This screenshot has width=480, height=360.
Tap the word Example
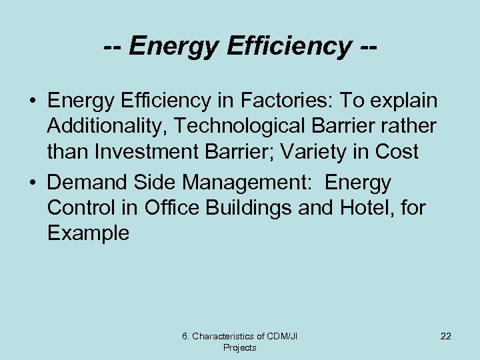click(89, 233)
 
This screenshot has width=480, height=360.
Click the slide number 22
click(445, 336)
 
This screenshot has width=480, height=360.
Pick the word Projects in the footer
click(239, 347)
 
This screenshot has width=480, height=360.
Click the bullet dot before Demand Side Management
click(32, 183)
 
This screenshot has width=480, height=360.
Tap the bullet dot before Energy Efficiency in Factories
click(32, 101)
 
